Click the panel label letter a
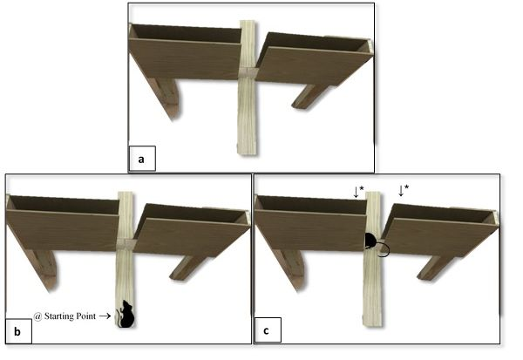[x=141, y=160]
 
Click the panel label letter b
[x=17, y=331]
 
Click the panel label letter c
[x=266, y=330]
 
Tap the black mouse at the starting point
[x=126, y=314]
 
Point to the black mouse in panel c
[x=370, y=241]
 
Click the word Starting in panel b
[x=58, y=316]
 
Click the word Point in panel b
[x=86, y=316]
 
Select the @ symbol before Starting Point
[x=37, y=316]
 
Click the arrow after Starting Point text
[x=105, y=316]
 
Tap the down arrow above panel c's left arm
[x=356, y=192]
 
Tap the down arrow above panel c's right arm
[x=401, y=191]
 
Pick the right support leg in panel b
[x=187, y=268]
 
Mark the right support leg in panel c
[x=435, y=268]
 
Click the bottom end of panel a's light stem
[x=247, y=153]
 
